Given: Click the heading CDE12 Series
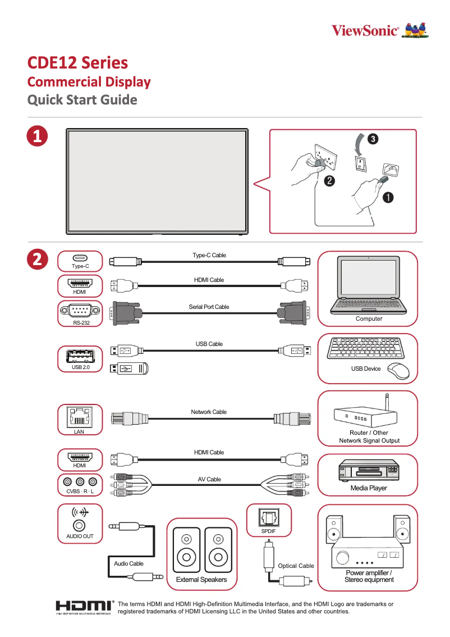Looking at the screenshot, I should [78, 62].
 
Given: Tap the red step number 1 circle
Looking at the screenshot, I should [37, 136].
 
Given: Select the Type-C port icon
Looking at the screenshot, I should [80, 258].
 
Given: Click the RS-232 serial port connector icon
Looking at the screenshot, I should [80, 310].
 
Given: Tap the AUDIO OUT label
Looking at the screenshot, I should [80, 536].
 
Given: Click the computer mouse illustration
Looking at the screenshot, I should [399, 370].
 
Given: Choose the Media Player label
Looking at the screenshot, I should [369, 488].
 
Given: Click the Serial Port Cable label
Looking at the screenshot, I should [209, 307].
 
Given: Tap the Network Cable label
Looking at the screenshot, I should [209, 412].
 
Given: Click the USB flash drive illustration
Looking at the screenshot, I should [129, 368].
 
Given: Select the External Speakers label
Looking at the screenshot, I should [201, 580].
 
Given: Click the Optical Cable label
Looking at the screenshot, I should [296, 566].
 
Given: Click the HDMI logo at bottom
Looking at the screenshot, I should [84, 607].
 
